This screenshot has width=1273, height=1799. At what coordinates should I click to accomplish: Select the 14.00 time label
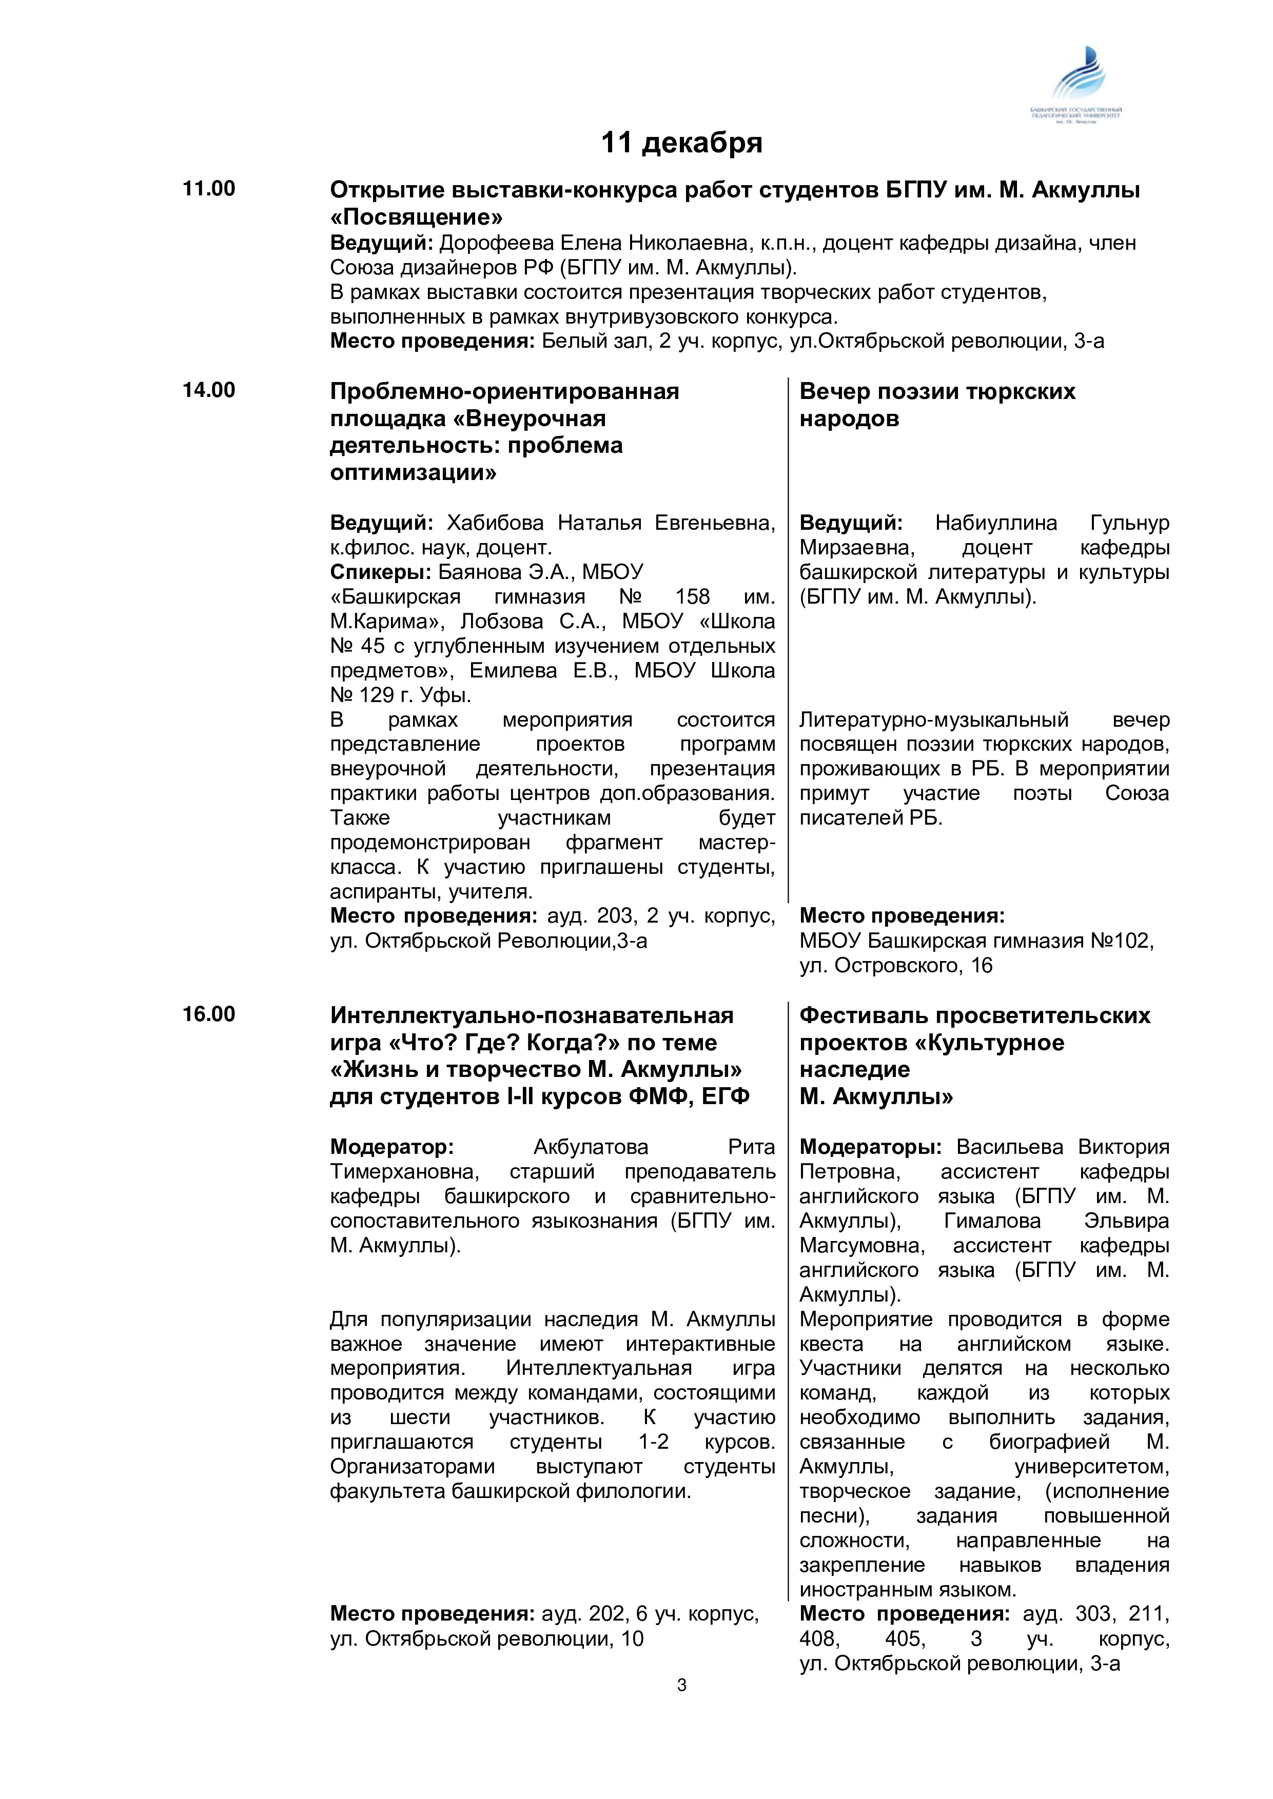(x=208, y=390)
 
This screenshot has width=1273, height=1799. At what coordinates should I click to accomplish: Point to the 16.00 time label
(x=208, y=1015)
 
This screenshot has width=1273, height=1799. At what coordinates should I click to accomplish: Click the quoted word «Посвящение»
(x=416, y=217)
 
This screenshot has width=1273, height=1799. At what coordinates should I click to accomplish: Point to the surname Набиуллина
(x=995, y=523)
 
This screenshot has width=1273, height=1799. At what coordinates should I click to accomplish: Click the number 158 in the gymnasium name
(x=692, y=597)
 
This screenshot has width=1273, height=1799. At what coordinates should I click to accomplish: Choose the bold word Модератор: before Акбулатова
(x=391, y=1147)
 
